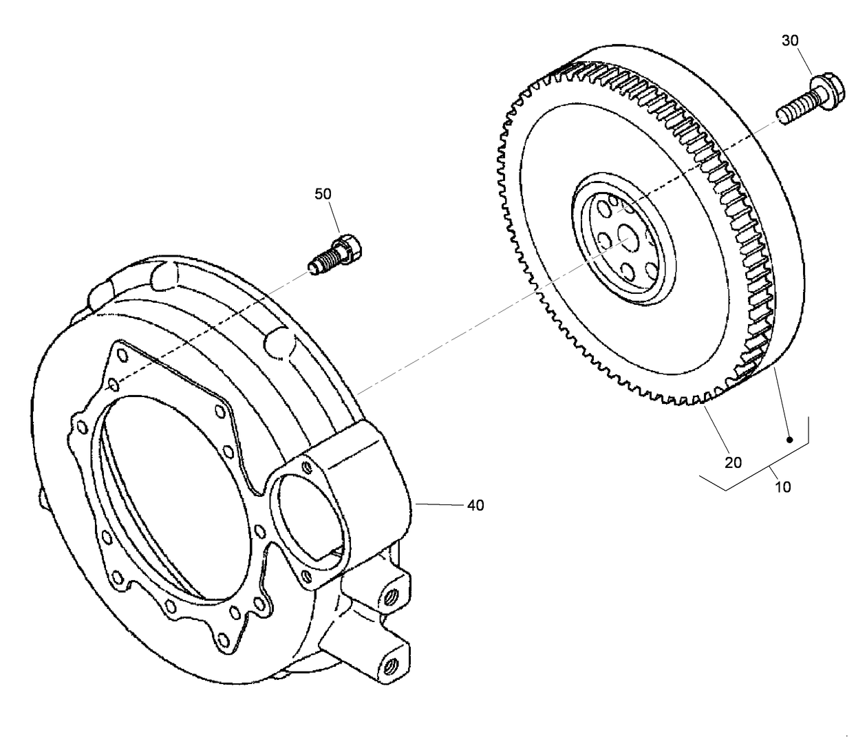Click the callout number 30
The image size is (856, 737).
[x=790, y=41]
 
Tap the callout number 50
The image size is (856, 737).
[x=323, y=194]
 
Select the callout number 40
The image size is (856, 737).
[x=475, y=506]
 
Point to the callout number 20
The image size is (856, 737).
[x=734, y=462]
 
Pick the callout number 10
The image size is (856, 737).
[x=783, y=487]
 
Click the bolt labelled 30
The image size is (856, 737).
[x=805, y=100]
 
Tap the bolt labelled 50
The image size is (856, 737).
[x=335, y=253]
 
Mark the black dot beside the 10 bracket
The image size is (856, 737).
[x=790, y=439]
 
